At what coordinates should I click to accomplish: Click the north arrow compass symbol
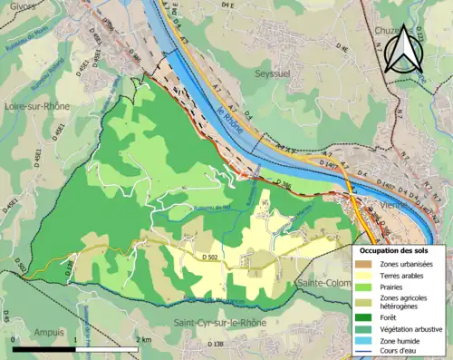(x=402, y=50)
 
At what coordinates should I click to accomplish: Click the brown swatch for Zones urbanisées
(x=365, y=264)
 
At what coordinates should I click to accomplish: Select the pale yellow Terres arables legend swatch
(x=365, y=277)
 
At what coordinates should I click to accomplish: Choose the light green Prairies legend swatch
(x=365, y=289)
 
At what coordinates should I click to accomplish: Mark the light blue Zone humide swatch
(x=365, y=341)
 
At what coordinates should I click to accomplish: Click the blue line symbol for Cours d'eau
(x=365, y=353)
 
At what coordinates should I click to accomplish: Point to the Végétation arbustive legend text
(x=412, y=329)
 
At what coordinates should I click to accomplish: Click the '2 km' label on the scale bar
(x=142, y=339)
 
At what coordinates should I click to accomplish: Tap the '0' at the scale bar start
(x=14, y=339)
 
